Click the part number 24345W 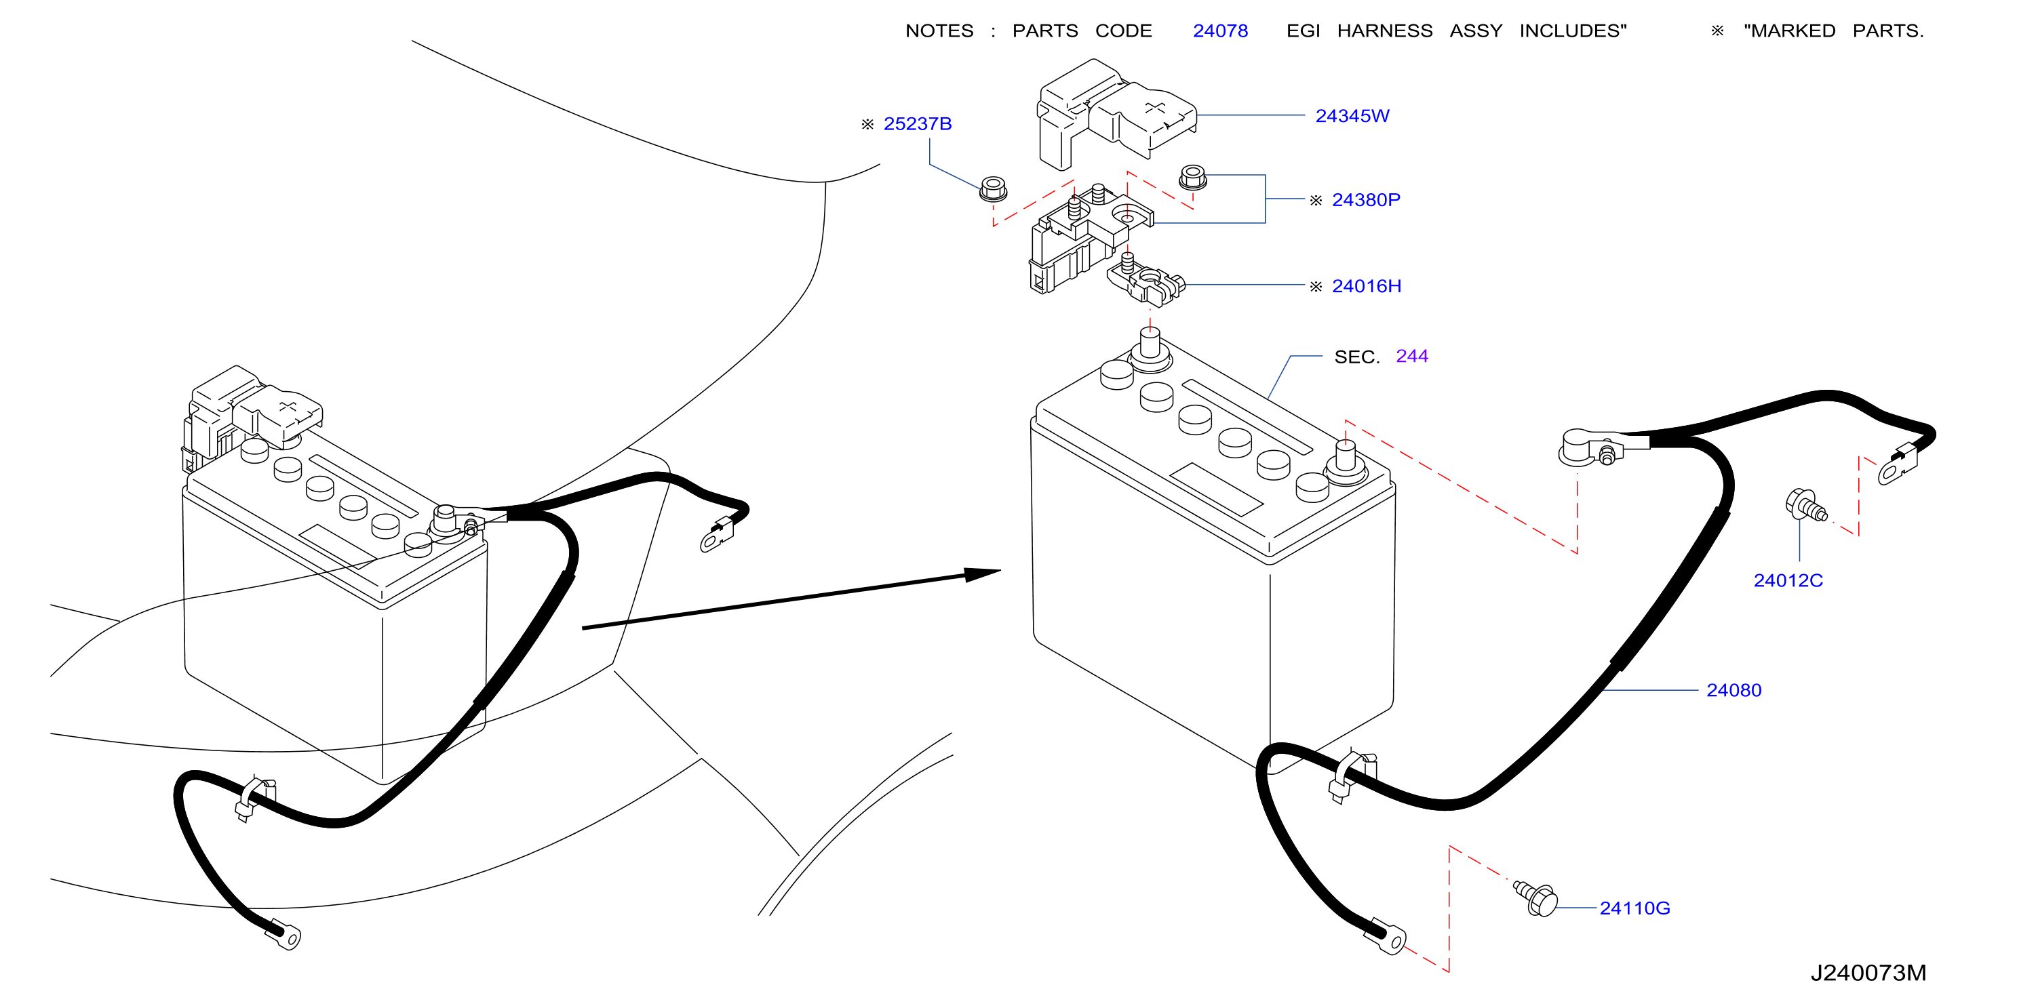(1352, 116)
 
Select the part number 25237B (917, 123)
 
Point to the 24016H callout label (1367, 286)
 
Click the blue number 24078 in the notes (1220, 31)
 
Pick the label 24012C (1788, 580)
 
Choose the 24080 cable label (1734, 689)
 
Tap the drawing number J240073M (1868, 972)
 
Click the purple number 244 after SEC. (1412, 356)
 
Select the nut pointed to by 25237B (993, 189)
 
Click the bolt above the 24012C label (1805, 505)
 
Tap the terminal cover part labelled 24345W (1116, 113)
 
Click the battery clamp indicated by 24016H (1145, 282)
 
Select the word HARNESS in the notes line (1384, 31)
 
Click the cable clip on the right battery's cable (1352, 775)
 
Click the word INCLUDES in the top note (1572, 31)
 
